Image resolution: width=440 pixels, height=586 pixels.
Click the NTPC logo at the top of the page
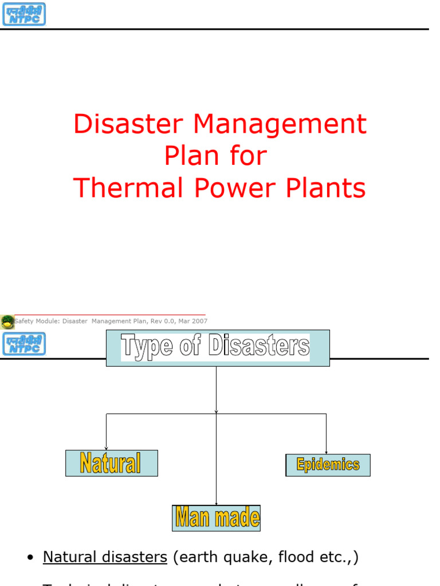[x=23, y=14]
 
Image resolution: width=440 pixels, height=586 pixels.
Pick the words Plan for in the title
[x=216, y=156]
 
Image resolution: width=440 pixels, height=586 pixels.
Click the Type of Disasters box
[x=218, y=348]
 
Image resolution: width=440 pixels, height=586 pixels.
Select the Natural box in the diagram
[x=111, y=463]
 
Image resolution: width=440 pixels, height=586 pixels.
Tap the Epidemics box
[x=328, y=465]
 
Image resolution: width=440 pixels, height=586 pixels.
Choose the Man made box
[x=217, y=518]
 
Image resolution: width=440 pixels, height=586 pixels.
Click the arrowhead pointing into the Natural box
[x=106, y=448]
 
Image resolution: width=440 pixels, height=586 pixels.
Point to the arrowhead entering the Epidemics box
[x=327, y=452]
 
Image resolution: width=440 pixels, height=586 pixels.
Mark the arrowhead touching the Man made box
[x=216, y=503]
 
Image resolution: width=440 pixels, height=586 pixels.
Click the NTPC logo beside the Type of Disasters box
[x=23, y=344]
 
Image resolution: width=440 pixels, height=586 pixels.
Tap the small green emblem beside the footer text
[x=7, y=322]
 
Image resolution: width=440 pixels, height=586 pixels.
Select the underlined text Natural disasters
[x=105, y=557]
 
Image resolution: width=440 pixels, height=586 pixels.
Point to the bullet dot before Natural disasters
[x=30, y=559]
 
